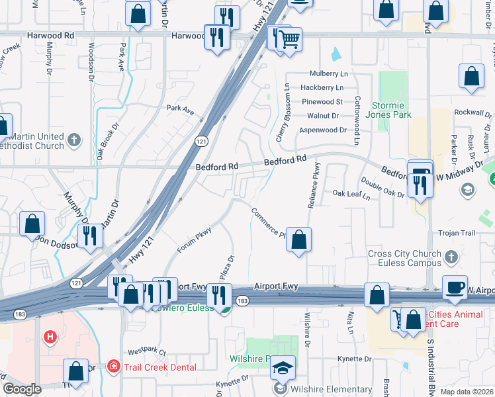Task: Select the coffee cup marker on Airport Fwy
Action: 455,287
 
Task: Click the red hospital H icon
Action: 49,337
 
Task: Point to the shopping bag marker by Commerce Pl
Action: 299,240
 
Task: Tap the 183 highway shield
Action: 243,301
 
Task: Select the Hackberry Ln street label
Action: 322,87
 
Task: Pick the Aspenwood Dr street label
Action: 323,130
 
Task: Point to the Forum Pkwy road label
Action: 194,240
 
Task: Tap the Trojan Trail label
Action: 457,233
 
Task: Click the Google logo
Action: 22,389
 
